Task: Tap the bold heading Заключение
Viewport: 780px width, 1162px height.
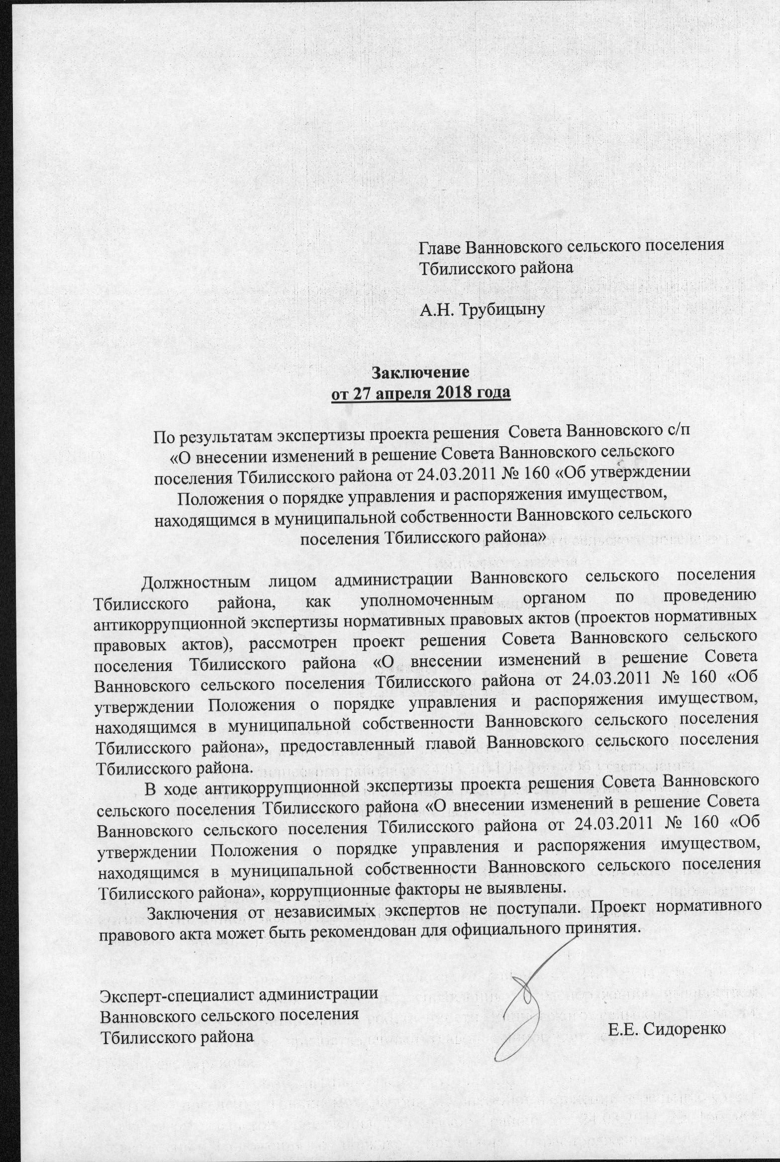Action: [420, 372]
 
